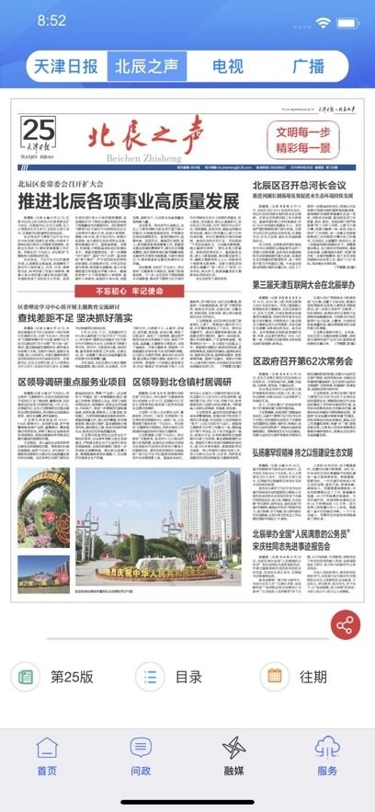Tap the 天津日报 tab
(x=65, y=66)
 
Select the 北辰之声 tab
(x=147, y=66)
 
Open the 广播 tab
(x=308, y=66)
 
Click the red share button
(x=346, y=625)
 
